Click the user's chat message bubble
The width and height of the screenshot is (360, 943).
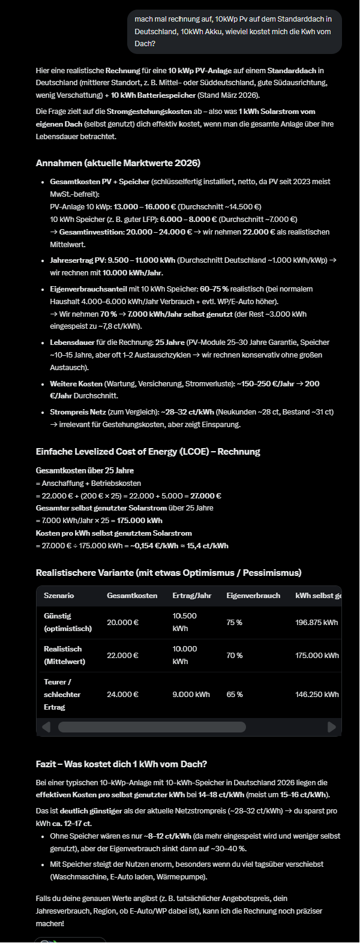coord(234,32)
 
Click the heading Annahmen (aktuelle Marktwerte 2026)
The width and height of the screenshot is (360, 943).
coord(118,163)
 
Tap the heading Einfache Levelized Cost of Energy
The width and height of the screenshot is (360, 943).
coord(148,452)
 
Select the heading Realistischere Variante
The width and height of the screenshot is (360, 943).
coord(169,573)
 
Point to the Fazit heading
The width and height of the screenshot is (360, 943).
coord(121,764)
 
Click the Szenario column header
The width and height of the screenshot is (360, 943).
coord(59,596)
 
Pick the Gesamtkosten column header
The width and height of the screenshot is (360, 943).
coord(132,596)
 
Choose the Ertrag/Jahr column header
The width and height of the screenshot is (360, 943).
coord(191,596)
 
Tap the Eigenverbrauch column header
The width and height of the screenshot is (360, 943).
coord(253,596)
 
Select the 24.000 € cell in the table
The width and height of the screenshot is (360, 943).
coord(122,695)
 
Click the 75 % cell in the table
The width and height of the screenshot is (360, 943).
coord(234,623)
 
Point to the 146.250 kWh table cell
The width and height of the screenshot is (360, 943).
coord(317,695)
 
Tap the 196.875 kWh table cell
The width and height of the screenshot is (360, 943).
coord(316,623)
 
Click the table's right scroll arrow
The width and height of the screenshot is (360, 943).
coord(332,727)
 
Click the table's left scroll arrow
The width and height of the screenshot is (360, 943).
coord(46,727)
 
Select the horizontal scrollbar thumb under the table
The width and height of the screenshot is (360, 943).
coord(152,727)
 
